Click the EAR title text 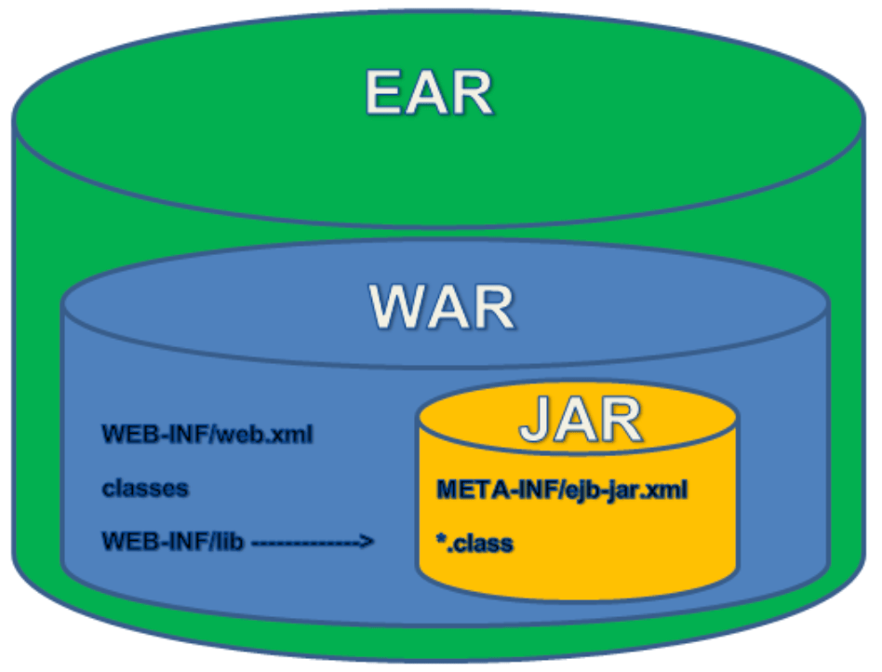point(429,93)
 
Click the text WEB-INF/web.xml point(206,434)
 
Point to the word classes point(144,488)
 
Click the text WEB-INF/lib point(172,542)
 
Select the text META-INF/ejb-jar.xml point(561,490)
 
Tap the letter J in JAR point(535,421)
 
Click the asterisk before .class point(440,539)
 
